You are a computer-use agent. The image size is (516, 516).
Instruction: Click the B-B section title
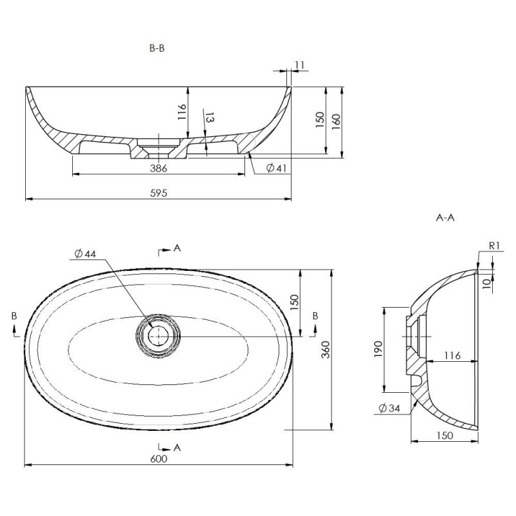click(x=157, y=48)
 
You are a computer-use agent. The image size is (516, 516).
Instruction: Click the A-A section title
click(x=445, y=217)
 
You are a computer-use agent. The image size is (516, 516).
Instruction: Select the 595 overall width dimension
click(x=159, y=193)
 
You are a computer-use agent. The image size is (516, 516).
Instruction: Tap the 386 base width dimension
click(x=159, y=168)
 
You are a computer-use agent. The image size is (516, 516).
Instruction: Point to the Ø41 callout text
click(x=277, y=168)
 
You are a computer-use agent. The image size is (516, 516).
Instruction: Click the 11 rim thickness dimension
click(x=300, y=65)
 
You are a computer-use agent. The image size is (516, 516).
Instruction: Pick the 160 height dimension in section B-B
click(x=336, y=121)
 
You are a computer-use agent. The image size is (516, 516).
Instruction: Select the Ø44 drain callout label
click(x=85, y=254)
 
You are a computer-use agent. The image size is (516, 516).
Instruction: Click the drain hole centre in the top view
click(x=158, y=335)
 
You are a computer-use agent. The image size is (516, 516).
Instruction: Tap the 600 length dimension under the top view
click(x=159, y=459)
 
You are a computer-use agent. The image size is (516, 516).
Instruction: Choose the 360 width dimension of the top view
click(x=325, y=350)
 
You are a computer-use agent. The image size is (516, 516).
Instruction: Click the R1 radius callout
click(x=495, y=246)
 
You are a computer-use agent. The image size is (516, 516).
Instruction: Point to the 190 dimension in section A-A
click(x=378, y=350)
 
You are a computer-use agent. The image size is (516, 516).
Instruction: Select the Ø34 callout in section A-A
click(x=390, y=408)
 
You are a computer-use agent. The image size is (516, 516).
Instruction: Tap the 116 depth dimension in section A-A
click(x=453, y=355)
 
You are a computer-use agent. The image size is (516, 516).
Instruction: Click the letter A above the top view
click(x=177, y=248)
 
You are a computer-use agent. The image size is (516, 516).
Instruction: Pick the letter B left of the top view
click(x=14, y=316)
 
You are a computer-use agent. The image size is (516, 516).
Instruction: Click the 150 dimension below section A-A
click(x=444, y=435)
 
